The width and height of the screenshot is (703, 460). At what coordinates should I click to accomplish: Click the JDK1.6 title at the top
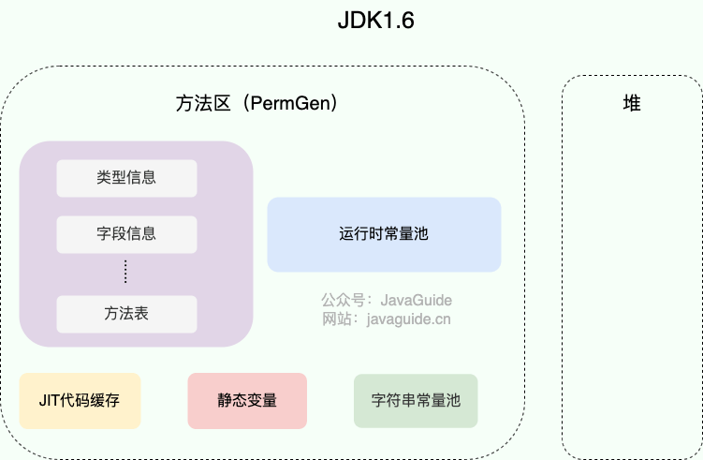click(375, 21)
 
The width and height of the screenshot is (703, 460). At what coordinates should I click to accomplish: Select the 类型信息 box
click(126, 178)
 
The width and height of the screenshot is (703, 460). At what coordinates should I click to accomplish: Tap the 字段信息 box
click(126, 234)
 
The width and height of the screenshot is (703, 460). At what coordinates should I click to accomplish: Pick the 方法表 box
click(126, 314)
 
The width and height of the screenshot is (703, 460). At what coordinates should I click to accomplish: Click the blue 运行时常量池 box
click(384, 234)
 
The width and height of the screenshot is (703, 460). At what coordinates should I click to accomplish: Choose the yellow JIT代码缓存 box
click(80, 401)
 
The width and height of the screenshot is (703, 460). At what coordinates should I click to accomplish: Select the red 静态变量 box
click(247, 401)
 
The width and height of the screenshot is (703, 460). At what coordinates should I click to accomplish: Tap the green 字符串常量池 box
click(416, 401)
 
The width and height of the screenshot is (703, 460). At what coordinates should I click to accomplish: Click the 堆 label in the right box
click(632, 104)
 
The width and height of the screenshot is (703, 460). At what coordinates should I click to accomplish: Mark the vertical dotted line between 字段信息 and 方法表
click(125, 272)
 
